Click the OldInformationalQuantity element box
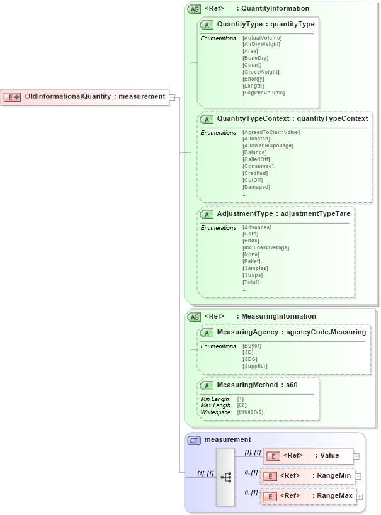point(85,97)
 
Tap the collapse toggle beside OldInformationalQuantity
point(173,97)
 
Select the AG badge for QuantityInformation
point(195,9)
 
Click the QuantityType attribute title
point(265,24)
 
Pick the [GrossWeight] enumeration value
point(261,72)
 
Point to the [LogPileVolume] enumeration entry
point(263,93)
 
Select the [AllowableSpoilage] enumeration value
point(268,145)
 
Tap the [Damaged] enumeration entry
point(256,187)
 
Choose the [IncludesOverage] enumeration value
point(266,247)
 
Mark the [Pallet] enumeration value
point(251,261)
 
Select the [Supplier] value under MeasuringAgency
point(255,366)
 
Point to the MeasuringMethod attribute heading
point(257,384)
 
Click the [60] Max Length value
point(242,405)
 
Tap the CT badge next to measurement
point(195,440)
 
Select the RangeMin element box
point(307,476)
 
